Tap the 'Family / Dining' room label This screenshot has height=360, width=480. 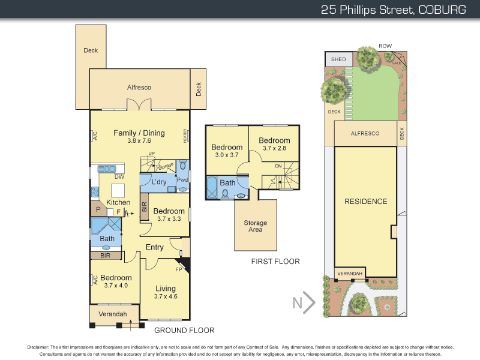point(139,133)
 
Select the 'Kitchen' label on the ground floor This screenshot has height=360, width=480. point(118,202)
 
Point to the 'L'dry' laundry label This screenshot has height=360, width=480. point(158,182)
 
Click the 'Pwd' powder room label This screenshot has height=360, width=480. point(182,180)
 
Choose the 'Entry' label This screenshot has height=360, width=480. point(154,247)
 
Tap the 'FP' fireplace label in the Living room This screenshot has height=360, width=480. point(178,269)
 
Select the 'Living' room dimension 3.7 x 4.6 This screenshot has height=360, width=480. point(165,296)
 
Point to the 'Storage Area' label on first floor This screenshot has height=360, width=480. point(256,226)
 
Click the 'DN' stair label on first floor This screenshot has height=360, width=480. point(278,166)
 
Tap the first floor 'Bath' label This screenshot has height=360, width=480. point(227,183)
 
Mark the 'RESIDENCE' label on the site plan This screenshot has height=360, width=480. point(365,202)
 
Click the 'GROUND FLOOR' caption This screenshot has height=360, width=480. point(184,330)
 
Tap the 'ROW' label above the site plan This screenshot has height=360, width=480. point(385,46)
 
